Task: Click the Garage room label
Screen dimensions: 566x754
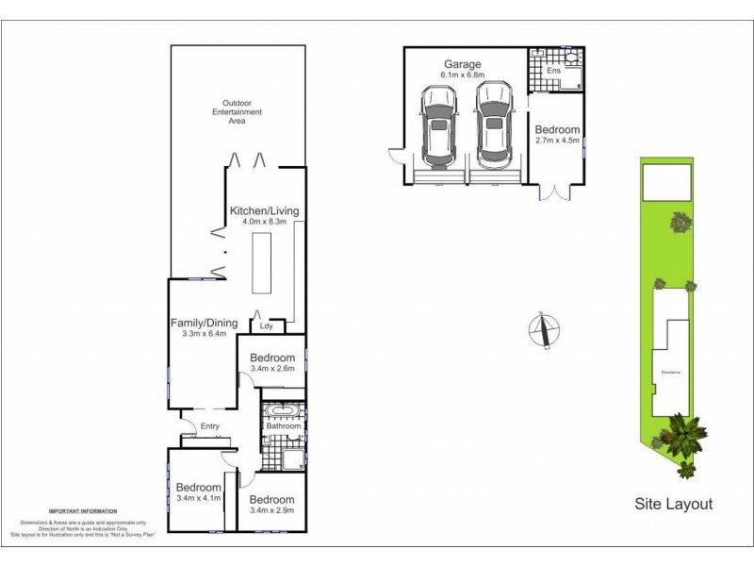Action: coord(462,63)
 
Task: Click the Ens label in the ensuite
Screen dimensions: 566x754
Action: coord(554,71)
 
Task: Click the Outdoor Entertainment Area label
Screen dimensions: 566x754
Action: coord(237,111)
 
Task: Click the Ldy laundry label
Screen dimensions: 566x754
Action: coord(267,326)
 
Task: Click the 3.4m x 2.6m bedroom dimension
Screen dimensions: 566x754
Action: coord(272,369)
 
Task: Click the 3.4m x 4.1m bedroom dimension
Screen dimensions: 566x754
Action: coord(199,499)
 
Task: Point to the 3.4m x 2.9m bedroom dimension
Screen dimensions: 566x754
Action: coord(272,510)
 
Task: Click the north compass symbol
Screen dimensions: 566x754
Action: coord(543,329)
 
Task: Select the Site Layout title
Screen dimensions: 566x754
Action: coord(672,505)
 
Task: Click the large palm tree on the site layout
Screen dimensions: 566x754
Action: coord(682,436)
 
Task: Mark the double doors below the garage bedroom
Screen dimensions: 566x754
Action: coord(555,192)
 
